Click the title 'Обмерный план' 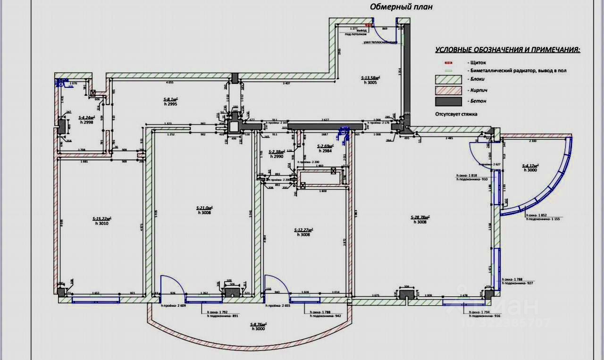coord(401,7)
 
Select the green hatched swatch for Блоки coord(448,79)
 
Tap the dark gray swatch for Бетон coord(448,101)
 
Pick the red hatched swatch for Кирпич coord(448,90)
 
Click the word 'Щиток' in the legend coord(478,62)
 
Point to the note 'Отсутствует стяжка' coord(456,114)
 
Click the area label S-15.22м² coord(102,218)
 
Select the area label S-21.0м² coord(204,208)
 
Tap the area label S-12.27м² coord(304,230)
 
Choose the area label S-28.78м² coord(421,217)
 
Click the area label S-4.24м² coord(86,117)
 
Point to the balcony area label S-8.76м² coord(258,324)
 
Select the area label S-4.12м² coord(530,166)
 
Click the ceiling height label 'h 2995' coord(170,104)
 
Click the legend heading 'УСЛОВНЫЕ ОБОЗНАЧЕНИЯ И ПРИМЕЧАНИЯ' coord(508,50)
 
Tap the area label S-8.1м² coord(170,100)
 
